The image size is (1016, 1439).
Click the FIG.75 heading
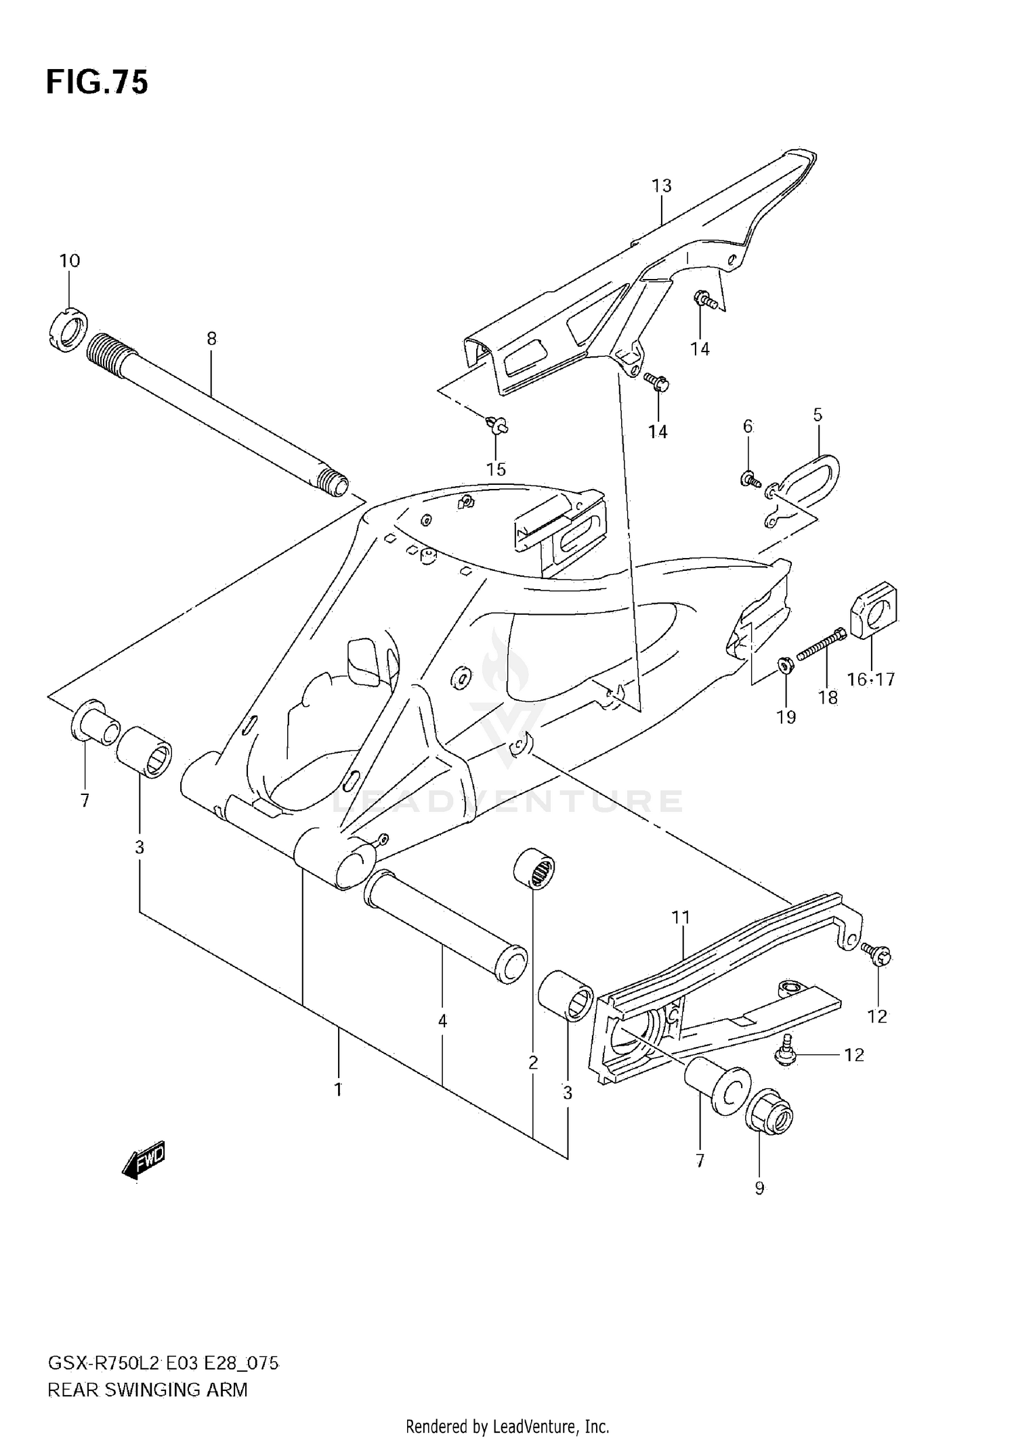pyautogui.click(x=97, y=83)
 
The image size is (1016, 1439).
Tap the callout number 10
pyautogui.click(x=69, y=261)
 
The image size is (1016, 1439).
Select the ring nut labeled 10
pyautogui.click(x=67, y=330)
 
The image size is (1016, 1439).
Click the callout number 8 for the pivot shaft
pyautogui.click(x=211, y=339)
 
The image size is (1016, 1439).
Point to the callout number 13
pyautogui.click(x=661, y=186)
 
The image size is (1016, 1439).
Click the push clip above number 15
pyautogui.click(x=497, y=426)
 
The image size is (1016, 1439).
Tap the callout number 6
pyautogui.click(x=748, y=426)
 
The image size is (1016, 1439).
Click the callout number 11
pyautogui.click(x=680, y=918)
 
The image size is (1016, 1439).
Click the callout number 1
pyautogui.click(x=337, y=1090)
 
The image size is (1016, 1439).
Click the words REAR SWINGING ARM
pyautogui.click(x=148, y=1390)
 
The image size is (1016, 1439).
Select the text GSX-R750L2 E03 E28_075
pyautogui.click(x=163, y=1364)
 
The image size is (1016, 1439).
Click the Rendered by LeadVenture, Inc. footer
pyautogui.click(x=507, y=1427)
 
